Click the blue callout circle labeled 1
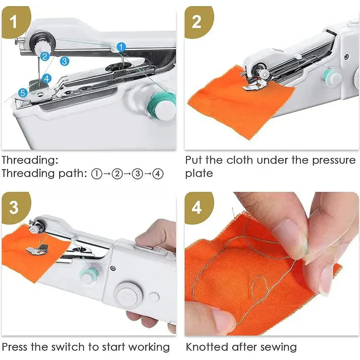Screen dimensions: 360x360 pyautogui.click(x=121, y=46)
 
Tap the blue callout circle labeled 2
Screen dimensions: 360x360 pyautogui.click(x=45, y=57)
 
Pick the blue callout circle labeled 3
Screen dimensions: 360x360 pyautogui.click(x=64, y=61)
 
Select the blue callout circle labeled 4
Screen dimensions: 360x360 pyautogui.click(x=46, y=78)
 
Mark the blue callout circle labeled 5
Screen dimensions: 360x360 pyautogui.click(x=23, y=92)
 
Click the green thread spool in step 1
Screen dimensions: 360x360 pyautogui.click(x=163, y=101)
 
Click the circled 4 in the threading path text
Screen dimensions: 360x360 pyautogui.click(x=158, y=174)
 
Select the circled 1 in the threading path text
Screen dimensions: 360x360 pyautogui.click(x=97, y=174)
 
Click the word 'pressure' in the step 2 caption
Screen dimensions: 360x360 pyautogui.click(x=329, y=161)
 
